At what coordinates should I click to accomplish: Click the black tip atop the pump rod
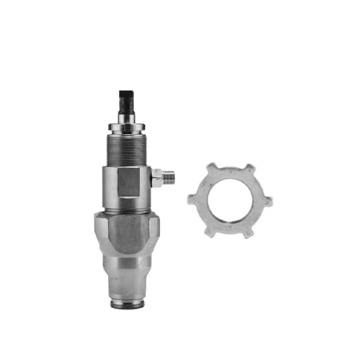coord(127,96)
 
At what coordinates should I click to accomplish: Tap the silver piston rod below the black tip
coord(127,113)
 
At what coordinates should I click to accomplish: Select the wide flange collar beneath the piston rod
coord(127,127)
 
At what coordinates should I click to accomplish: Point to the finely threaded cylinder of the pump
coord(127,148)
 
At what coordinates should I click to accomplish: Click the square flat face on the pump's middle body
coord(127,181)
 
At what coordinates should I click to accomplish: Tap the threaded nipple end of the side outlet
coord(170,176)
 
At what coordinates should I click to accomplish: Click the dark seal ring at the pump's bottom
coord(127,304)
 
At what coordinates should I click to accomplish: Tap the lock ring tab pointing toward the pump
coord(191,197)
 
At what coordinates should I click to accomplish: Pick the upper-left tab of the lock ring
coord(212,168)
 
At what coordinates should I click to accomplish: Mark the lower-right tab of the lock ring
coord(248,232)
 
